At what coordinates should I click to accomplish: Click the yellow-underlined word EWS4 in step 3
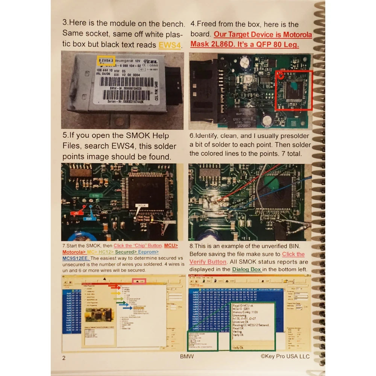pyautogui.click(x=170, y=45)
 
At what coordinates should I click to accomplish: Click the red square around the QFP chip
pyautogui.click(x=294, y=90)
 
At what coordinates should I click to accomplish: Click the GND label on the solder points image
pyautogui.click(x=103, y=212)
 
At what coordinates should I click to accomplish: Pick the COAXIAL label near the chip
pyautogui.click(x=170, y=222)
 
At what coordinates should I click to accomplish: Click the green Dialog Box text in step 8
pyautogui.click(x=246, y=269)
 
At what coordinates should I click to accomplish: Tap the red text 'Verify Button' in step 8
pyautogui.click(x=208, y=262)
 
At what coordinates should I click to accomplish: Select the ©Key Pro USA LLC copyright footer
pyautogui.click(x=285, y=356)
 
